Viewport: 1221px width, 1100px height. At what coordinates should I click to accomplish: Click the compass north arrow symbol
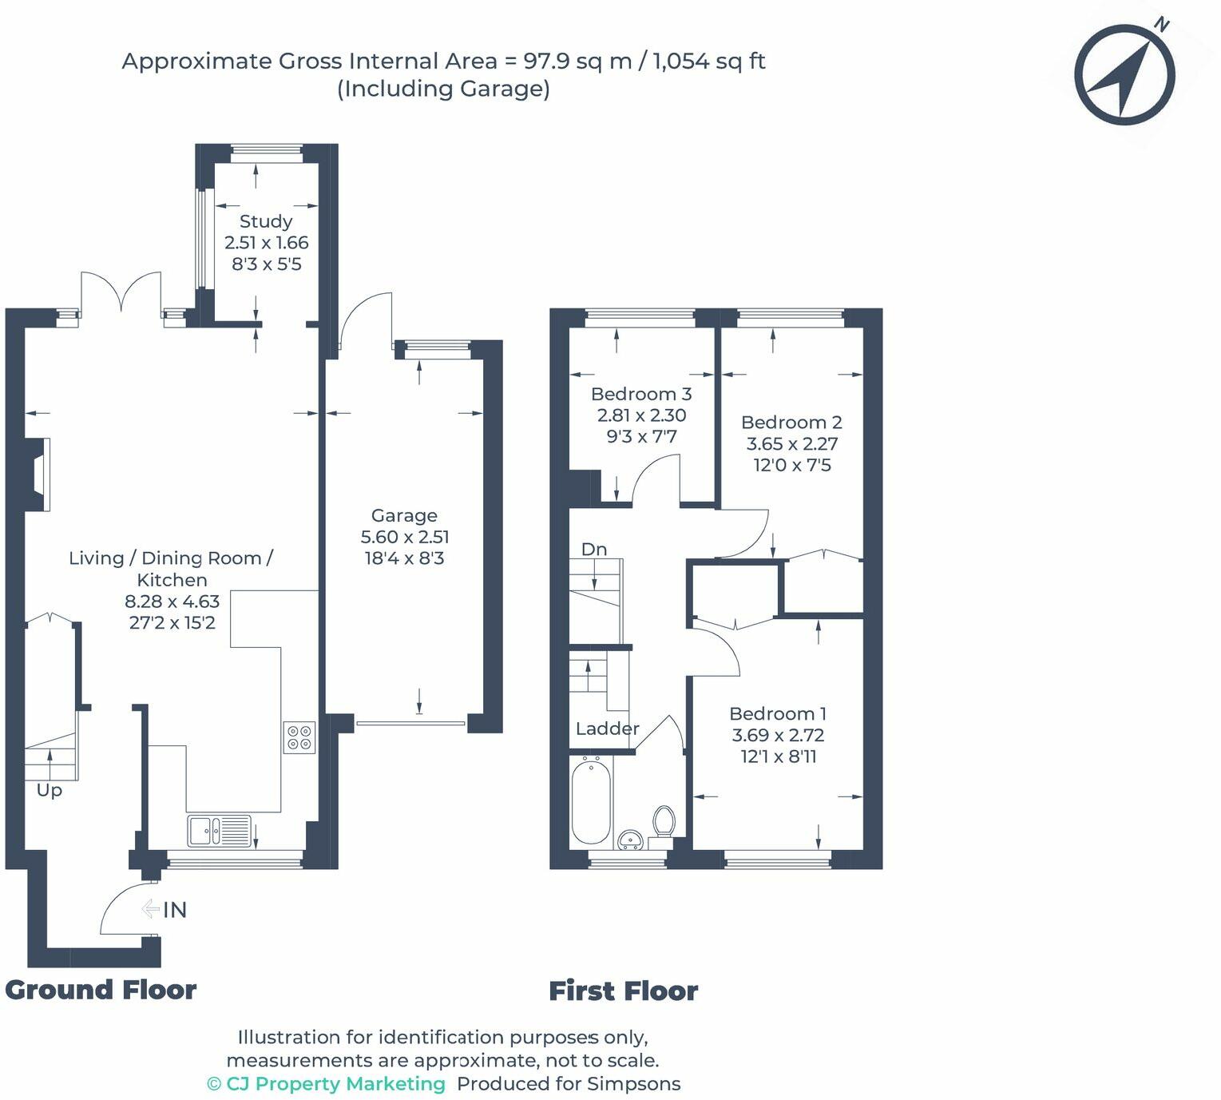pos(1124,73)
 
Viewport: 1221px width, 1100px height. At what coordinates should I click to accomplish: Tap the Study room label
pos(265,221)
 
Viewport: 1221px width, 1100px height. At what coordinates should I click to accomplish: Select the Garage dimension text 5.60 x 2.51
pos(405,537)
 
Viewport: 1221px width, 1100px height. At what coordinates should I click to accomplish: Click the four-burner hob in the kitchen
pos(299,737)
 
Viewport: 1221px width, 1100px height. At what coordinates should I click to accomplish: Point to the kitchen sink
pos(219,831)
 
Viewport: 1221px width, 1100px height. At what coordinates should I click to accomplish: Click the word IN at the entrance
pos(175,910)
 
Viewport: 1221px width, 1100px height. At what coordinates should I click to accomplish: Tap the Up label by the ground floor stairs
pos(50,791)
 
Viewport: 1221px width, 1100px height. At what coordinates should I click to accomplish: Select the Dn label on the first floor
pos(594,550)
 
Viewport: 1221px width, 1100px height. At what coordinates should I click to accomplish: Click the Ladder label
pos(608,729)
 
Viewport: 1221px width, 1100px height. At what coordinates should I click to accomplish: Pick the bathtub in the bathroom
pos(591,801)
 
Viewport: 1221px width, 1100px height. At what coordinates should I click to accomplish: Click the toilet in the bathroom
pos(664,822)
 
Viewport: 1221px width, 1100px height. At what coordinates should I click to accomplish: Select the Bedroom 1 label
pos(777,713)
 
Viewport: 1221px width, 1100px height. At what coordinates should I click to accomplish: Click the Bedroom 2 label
pos(791,422)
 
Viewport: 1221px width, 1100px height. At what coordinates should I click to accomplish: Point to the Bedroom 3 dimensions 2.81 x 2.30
pos(641,415)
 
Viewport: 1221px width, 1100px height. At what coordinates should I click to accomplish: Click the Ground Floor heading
pos(101,991)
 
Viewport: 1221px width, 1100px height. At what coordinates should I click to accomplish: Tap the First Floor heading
pos(624,991)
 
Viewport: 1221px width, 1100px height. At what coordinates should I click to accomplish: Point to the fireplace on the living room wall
pos(38,475)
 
